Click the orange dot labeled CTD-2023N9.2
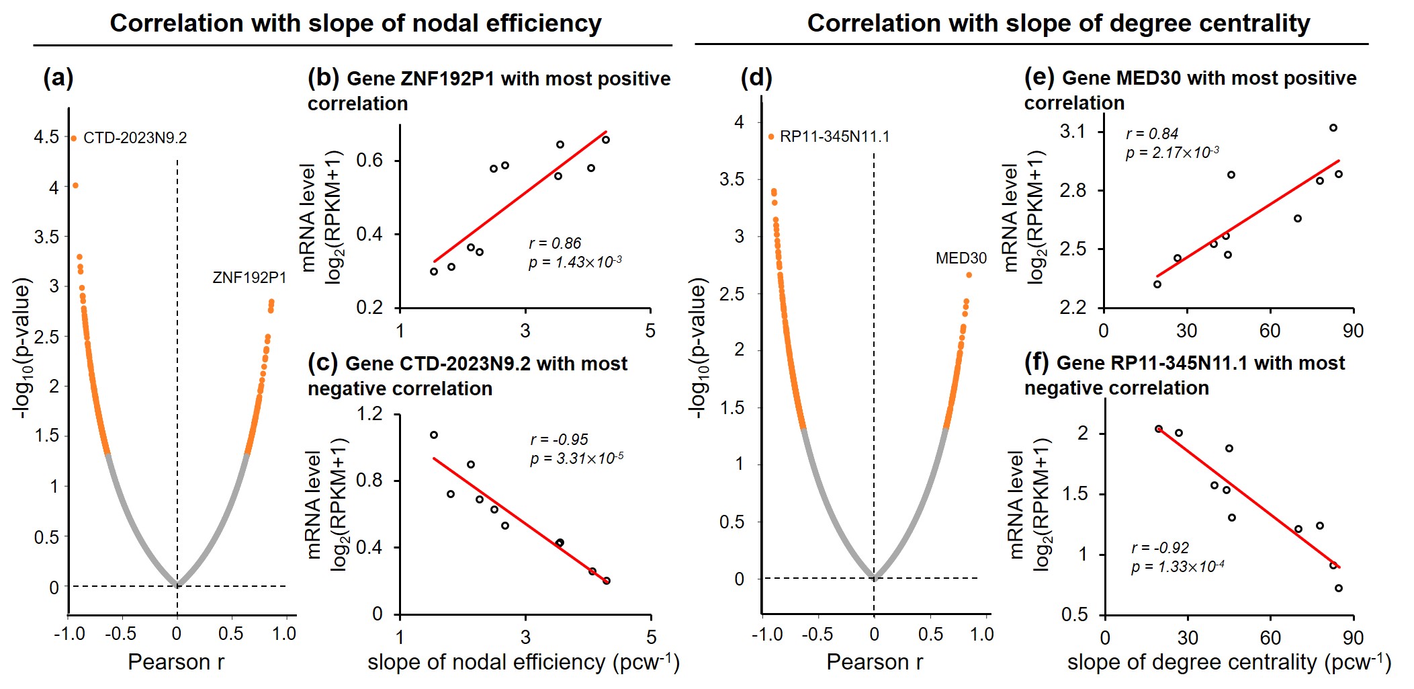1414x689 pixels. pyautogui.click(x=74, y=138)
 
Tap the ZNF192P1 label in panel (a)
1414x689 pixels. pyautogui.click(x=249, y=278)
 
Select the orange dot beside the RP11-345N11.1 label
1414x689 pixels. pyautogui.click(x=771, y=137)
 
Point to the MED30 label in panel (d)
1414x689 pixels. pyautogui.click(x=961, y=258)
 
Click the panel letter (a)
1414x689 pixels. pyautogui.click(x=58, y=78)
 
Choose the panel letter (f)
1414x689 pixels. pyautogui.click(x=1036, y=362)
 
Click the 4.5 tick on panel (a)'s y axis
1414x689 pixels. pyautogui.click(x=46, y=137)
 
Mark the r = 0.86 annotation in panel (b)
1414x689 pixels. pyautogui.click(x=555, y=243)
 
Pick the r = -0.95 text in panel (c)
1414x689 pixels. pyautogui.click(x=559, y=440)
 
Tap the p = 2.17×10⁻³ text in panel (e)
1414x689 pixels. pyautogui.click(x=1172, y=153)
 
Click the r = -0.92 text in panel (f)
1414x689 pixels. pyautogui.click(x=1160, y=548)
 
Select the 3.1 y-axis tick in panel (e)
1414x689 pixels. pyautogui.click(x=1073, y=131)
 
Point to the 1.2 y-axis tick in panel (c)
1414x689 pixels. pyautogui.click(x=370, y=413)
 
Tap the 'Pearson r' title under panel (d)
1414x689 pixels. pyautogui.click(x=875, y=662)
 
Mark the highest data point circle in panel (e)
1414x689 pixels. pyautogui.click(x=1333, y=128)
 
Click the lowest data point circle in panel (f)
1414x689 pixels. pyautogui.click(x=1339, y=588)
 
